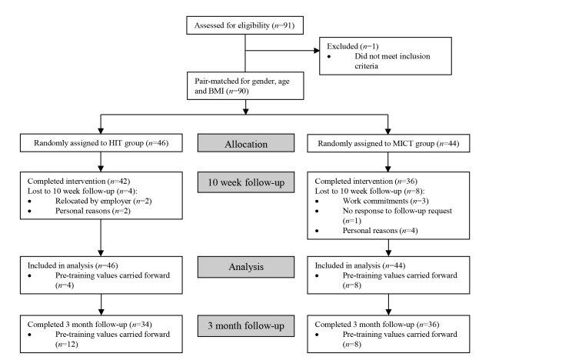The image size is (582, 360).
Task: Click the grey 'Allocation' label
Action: [x=244, y=143]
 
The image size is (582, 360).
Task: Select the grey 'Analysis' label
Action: [x=244, y=267]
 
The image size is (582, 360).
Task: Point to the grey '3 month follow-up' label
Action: [x=244, y=325]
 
